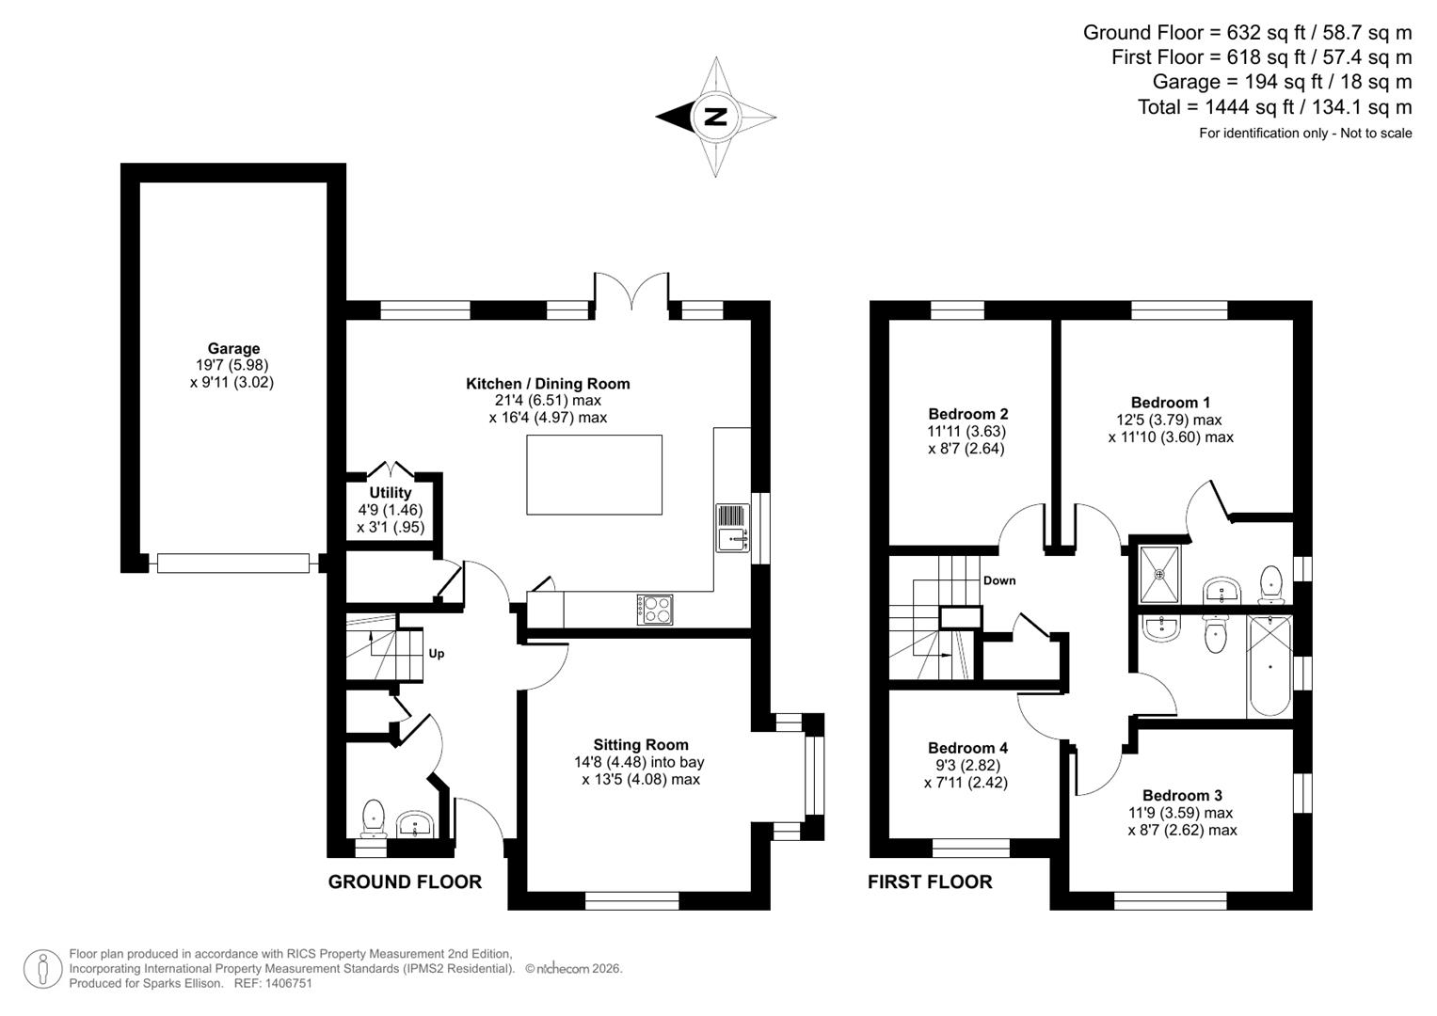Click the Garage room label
click(233, 349)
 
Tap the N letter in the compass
click(716, 118)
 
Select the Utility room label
click(391, 493)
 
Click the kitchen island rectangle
click(594, 475)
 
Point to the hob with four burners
click(655, 610)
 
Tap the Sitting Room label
click(640, 745)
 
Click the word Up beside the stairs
click(437, 654)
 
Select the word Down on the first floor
click(999, 580)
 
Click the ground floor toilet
click(374, 817)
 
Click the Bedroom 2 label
click(967, 414)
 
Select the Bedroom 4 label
click(967, 748)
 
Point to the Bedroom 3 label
click(1182, 796)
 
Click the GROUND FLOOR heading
click(405, 882)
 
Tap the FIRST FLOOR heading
click(930, 882)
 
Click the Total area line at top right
click(1274, 107)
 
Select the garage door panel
click(233, 564)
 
